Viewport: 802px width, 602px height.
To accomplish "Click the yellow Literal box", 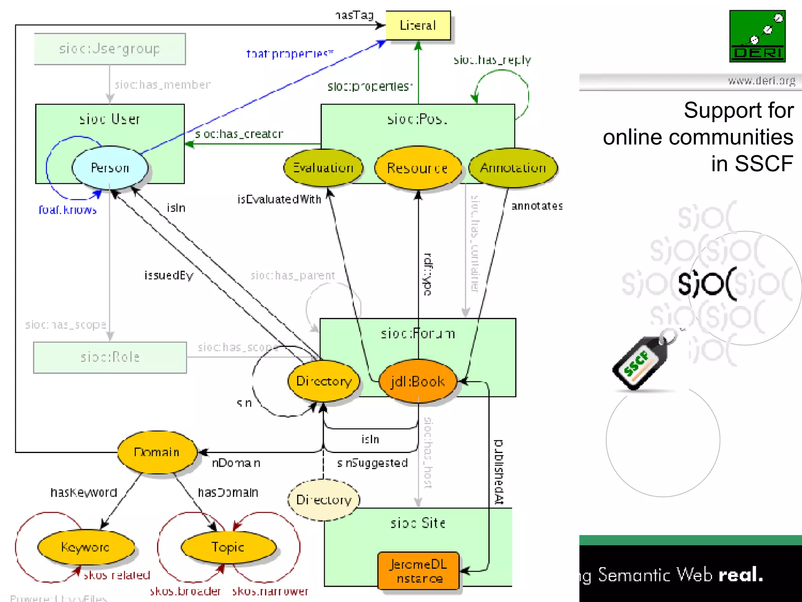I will click(x=418, y=25).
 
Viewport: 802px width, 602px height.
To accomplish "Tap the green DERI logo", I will click(x=757, y=36).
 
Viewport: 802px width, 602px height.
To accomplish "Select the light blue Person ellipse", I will click(x=110, y=168).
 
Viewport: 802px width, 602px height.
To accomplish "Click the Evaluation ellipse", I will click(x=323, y=168).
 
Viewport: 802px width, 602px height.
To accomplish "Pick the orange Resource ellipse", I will click(x=417, y=168).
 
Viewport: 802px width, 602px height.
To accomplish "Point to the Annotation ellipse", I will click(x=513, y=168).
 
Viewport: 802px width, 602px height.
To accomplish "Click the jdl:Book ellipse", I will click(x=418, y=381).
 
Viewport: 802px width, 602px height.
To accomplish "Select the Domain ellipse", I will click(x=157, y=452).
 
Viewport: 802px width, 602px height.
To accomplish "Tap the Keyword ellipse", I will click(x=86, y=547).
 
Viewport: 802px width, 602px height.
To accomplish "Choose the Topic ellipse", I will click(x=228, y=547).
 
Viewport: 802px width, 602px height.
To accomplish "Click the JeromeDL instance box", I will click(x=419, y=571).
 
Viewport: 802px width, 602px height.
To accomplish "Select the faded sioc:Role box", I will click(x=110, y=357).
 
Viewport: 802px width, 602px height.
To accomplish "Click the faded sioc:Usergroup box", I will click(x=110, y=49).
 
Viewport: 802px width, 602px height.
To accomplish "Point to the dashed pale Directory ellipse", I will click(x=324, y=500).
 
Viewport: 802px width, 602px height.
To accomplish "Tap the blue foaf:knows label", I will click(x=68, y=210).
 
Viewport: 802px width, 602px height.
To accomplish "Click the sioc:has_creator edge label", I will click(x=239, y=134).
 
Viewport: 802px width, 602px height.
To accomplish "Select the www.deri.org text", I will click(x=761, y=81).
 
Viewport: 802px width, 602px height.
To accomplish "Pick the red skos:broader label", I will click(x=185, y=591).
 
